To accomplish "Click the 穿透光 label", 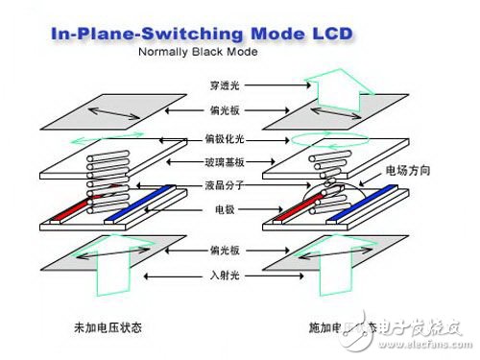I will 225,84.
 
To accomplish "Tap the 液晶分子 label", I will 226,184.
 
